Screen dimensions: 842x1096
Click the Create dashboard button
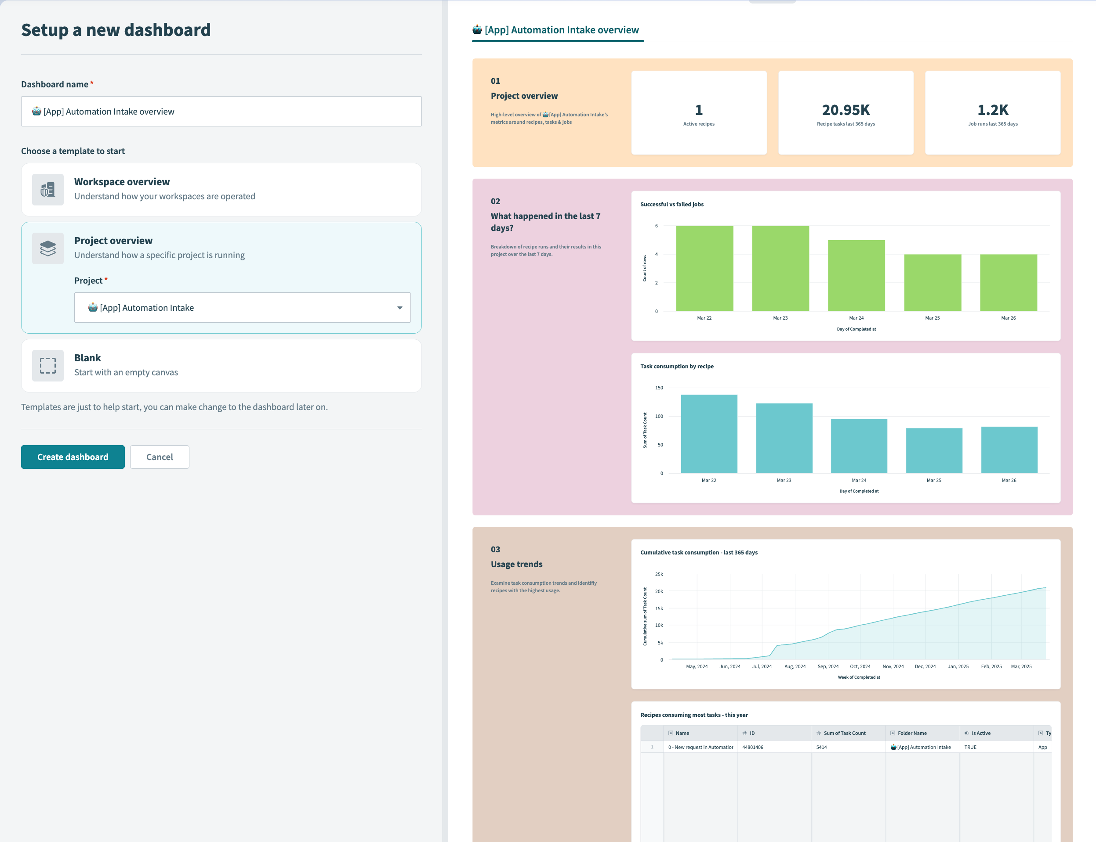click(73, 457)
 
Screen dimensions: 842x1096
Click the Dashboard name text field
click(221, 111)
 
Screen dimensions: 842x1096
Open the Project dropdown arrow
click(399, 308)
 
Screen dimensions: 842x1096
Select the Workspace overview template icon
click(47, 190)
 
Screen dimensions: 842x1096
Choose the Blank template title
click(87, 358)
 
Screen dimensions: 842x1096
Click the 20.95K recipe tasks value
click(845, 110)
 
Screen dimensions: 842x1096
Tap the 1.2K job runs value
click(992, 110)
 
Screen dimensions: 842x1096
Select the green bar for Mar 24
click(856, 276)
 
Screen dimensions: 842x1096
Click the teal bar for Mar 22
click(709, 434)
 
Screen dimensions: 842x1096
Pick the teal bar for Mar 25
click(933, 450)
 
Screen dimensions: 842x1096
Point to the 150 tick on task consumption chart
click(659, 388)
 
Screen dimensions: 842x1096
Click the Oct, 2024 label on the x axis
click(860, 666)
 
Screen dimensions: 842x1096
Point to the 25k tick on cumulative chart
click(659, 574)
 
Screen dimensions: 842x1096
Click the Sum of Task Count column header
click(844, 733)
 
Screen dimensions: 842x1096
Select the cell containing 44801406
click(752, 747)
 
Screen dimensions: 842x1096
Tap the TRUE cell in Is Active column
click(970, 747)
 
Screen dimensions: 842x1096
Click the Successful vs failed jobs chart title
click(671, 205)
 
